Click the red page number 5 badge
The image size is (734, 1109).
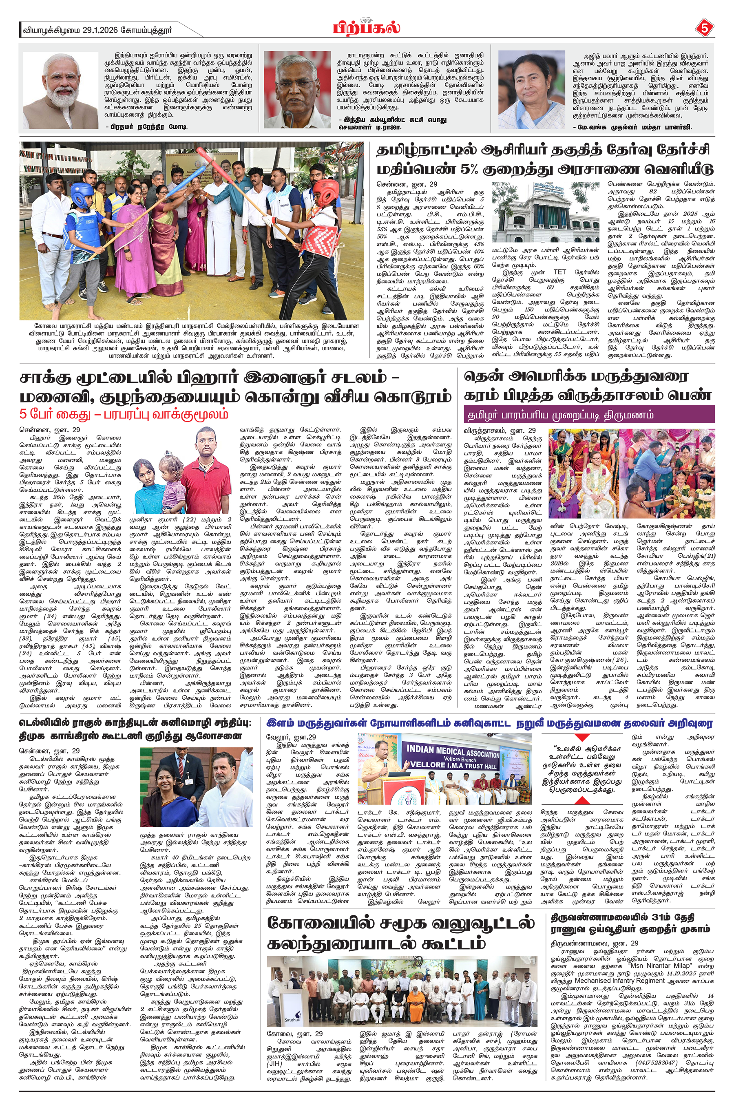pos(703,29)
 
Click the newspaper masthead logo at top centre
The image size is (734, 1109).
pos(367,28)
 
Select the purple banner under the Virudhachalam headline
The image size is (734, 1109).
pos(589,415)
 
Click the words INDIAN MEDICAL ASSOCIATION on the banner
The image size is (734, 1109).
pos(452,752)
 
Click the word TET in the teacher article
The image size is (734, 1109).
pos(559,272)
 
